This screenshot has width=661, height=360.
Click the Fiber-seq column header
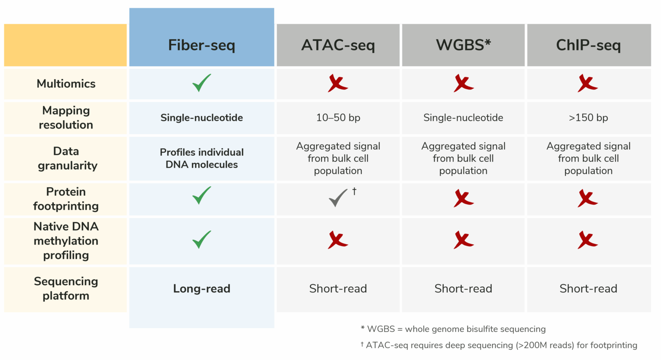click(x=201, y=45)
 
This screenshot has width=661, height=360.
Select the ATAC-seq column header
click(x=338, y=45)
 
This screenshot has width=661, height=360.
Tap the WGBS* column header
click(x=463, y=45)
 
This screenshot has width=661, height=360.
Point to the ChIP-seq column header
click(x=588, y=45)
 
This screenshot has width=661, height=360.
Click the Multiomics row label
click(x=66, y=83)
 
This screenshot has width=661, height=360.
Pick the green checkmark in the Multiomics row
click(x=201, y=83)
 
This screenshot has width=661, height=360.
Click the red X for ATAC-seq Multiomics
click(x=338, y=83)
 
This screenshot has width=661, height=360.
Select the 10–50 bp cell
click(x=338, y=117)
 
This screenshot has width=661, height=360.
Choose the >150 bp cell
click(x=588, y=117)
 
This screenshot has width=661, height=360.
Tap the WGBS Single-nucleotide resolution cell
click(x=463, y=117)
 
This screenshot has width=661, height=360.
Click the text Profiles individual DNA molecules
click(x=201, y=158)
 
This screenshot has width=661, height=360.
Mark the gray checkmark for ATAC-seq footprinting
click(x=338, y=198)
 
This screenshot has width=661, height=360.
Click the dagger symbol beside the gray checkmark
click(x=354, y=191)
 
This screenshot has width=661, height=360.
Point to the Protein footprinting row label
click(x=66, y=199)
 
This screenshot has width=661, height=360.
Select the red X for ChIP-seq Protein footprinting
click(x=588, y=199)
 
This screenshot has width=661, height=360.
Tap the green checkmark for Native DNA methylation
click(x=201, y=240)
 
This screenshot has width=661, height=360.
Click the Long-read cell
click(x=201, y=289)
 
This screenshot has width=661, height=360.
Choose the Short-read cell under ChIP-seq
click(x=588, y=289)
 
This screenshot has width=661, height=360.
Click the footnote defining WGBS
click(x=453, y=329)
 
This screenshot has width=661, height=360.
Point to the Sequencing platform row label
click(x=66, y=288)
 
